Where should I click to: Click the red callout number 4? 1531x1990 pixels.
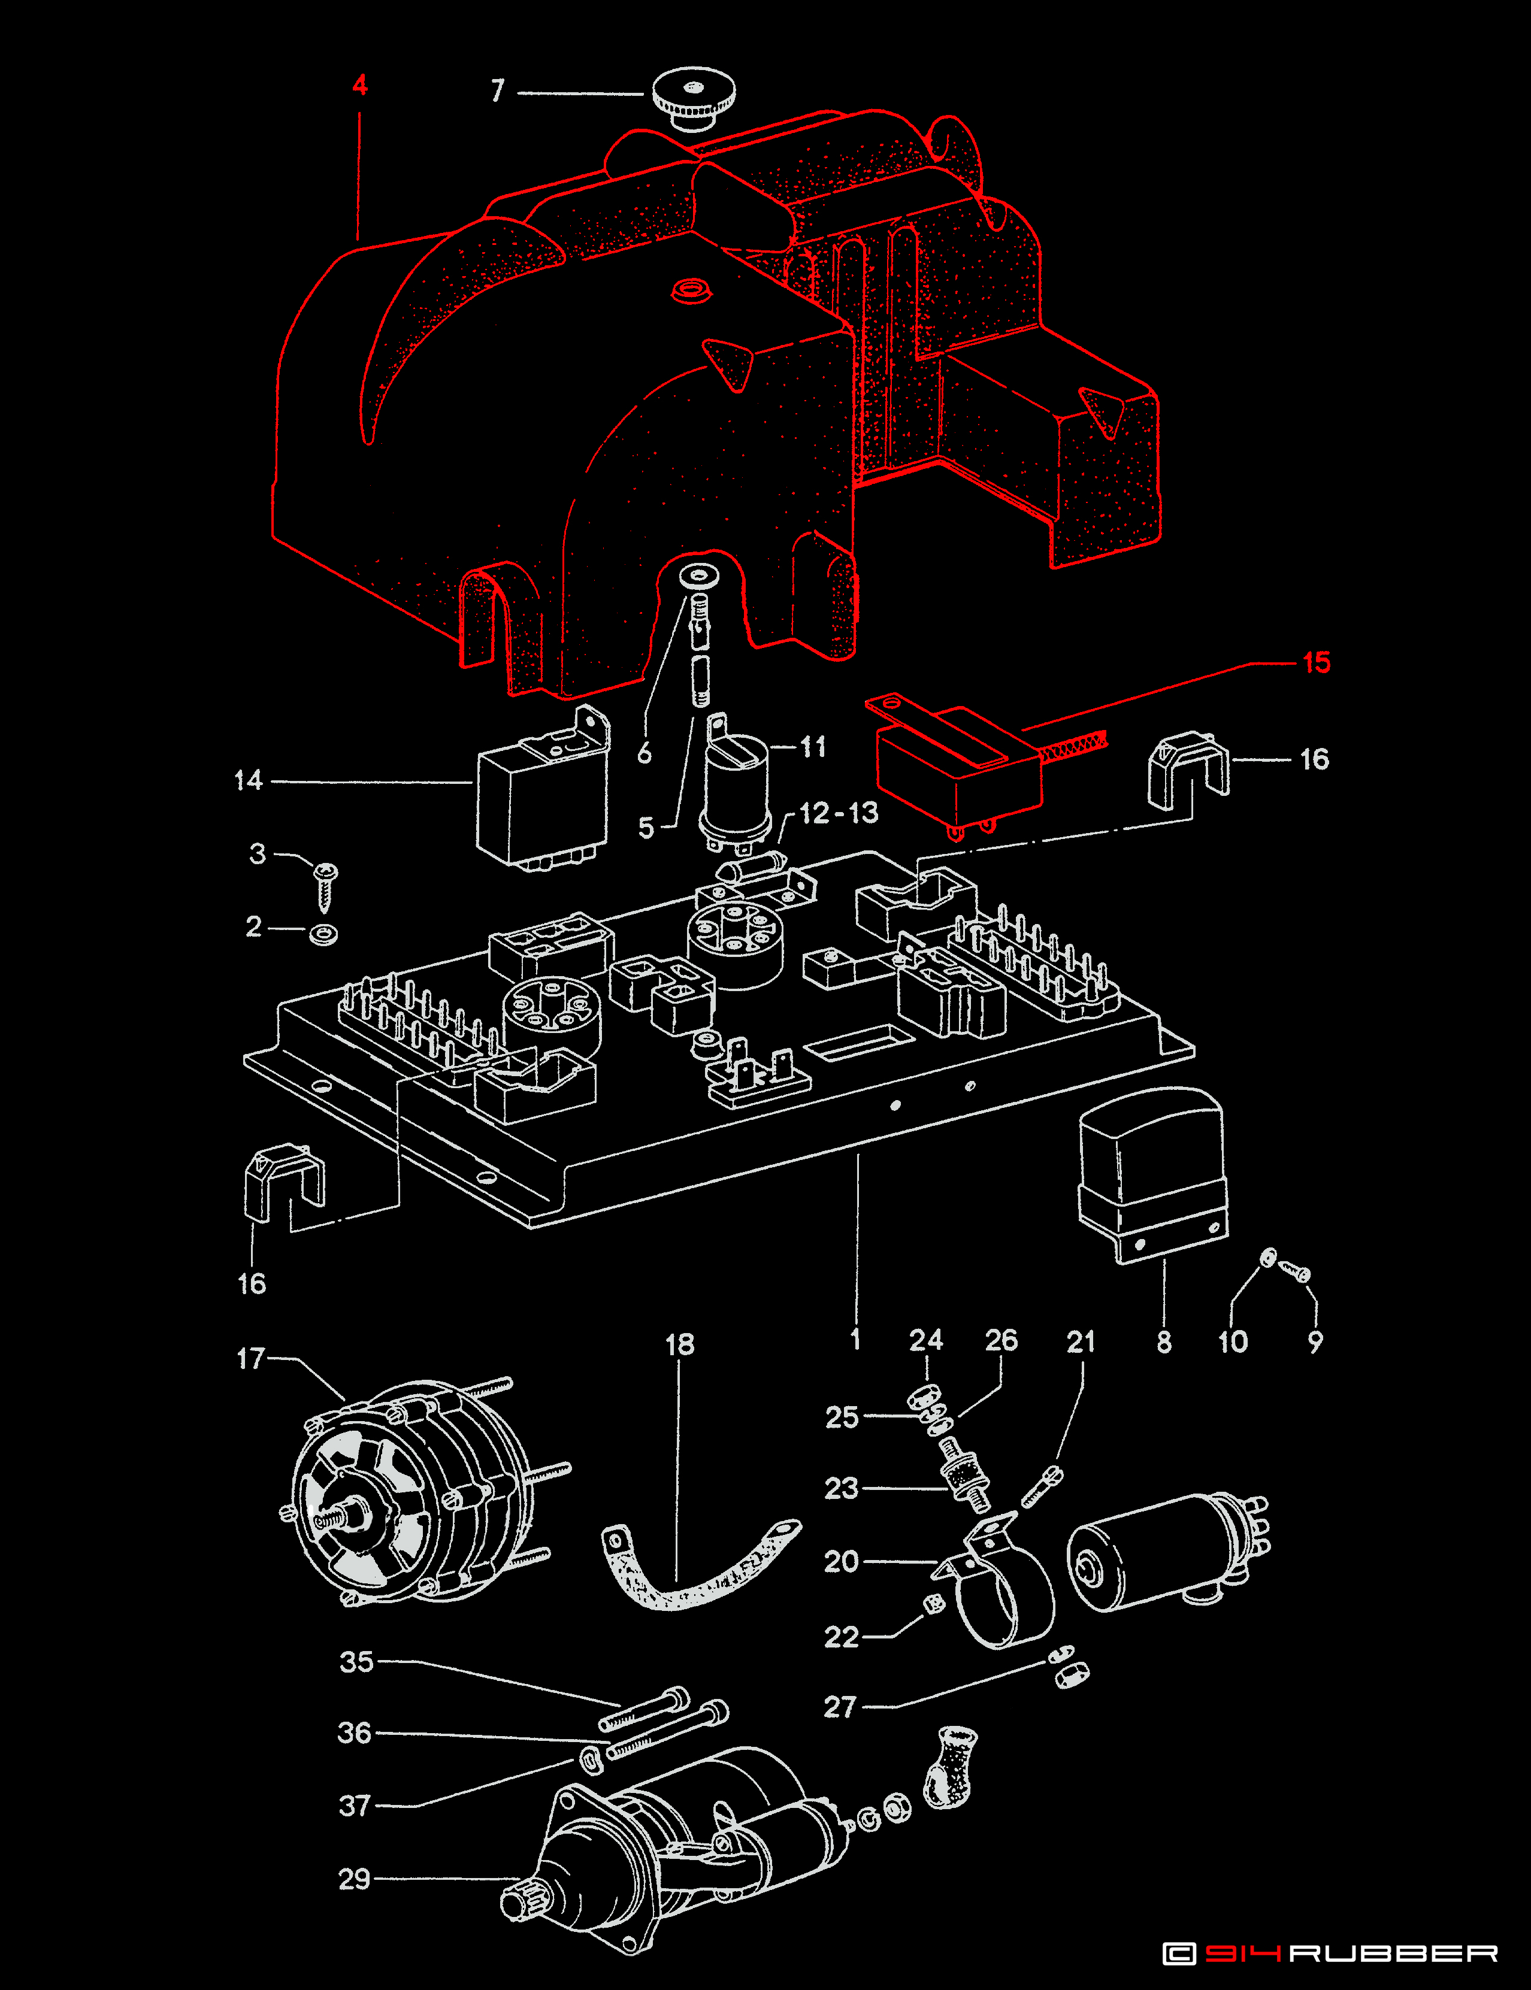pos(360,86)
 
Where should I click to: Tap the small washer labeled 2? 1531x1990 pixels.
pos(323,934)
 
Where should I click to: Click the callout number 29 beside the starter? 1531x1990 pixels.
pos(355,1879)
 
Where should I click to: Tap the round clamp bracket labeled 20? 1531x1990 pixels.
pos(1003,1590)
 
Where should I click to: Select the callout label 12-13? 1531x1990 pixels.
pos(839,813)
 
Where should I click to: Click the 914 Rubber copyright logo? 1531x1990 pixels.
pos(1330,1953)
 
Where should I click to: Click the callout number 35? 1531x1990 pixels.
pos(356,1661)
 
